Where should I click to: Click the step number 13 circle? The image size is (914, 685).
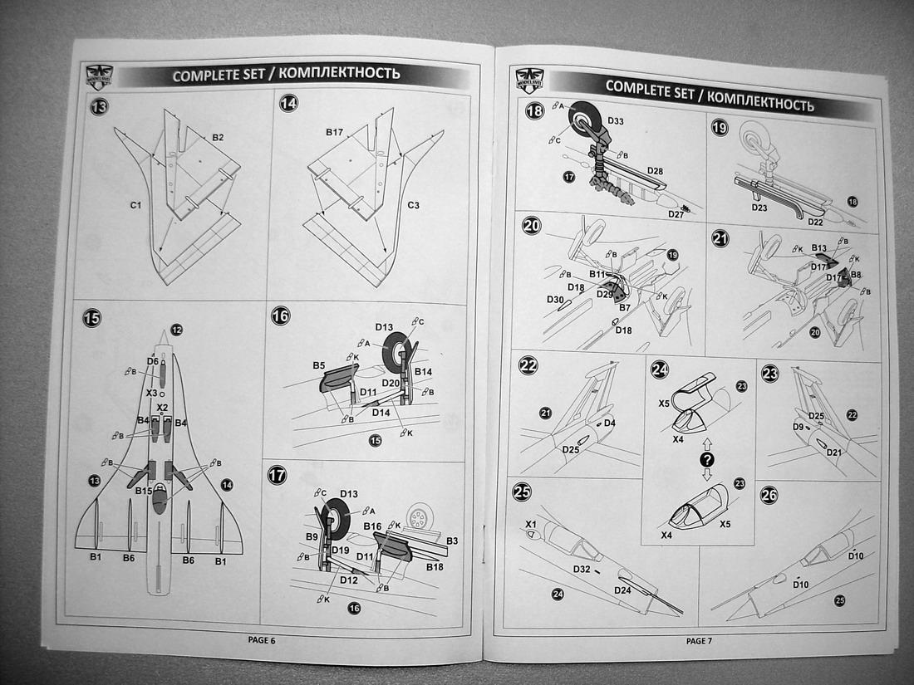click(x=99, y=106)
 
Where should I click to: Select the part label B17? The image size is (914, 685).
click(x=334, y=132)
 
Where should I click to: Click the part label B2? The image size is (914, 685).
click(x=218, y=136)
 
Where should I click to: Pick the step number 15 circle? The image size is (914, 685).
click(x=92, y=317)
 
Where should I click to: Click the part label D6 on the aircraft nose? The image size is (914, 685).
click(x=152, y=361)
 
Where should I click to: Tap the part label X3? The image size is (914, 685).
click(x=151, y=392)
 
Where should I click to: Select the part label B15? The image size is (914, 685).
click(x=144, y=491)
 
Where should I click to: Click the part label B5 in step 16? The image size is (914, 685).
click(x=318, y=365)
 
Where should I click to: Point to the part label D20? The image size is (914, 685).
click(x=391, y=381)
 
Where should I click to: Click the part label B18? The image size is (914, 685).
click(x=434, y=566)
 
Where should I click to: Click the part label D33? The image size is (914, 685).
click(x=616, y=121)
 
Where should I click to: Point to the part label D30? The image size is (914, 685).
click(x=556, y=299)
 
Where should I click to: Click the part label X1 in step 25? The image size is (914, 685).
click(x=531, y=524)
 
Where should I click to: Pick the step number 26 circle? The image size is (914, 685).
click(x=769, y=495)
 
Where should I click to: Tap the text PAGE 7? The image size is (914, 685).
click(x=699, y=640)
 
